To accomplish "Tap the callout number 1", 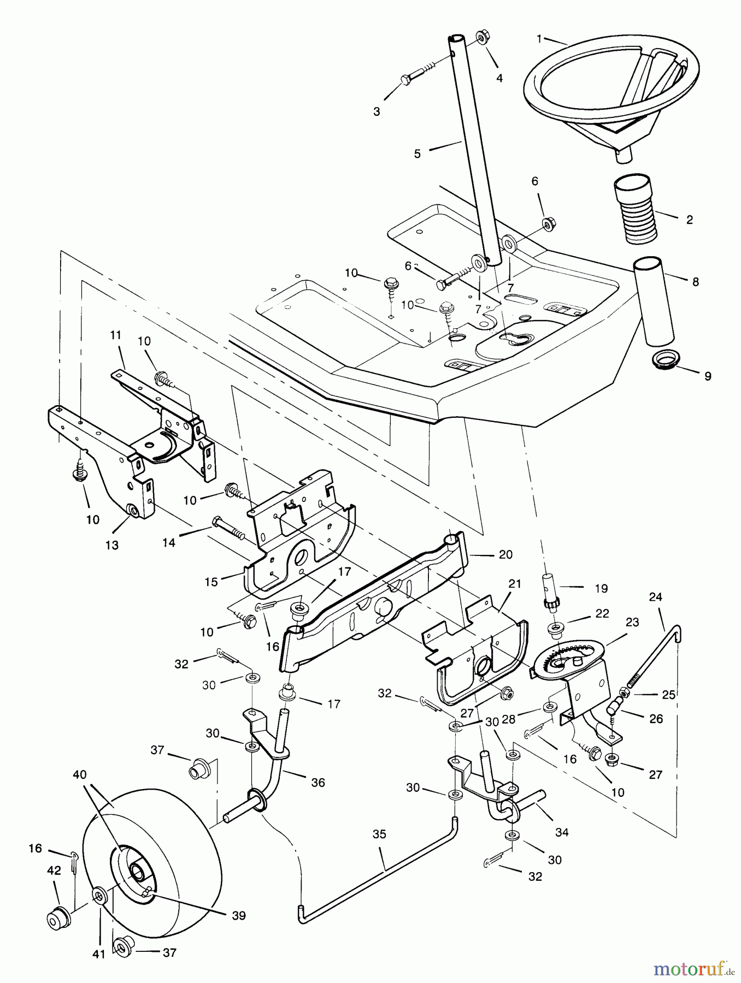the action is point(539,39).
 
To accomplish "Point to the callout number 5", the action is point(417,154).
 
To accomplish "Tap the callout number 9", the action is point(708,376).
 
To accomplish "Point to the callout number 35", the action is point(379,834).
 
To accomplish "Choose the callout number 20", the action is point(505,554).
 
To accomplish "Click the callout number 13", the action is point(111,545).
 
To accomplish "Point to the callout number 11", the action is point(115,335).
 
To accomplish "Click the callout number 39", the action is point(239,916).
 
